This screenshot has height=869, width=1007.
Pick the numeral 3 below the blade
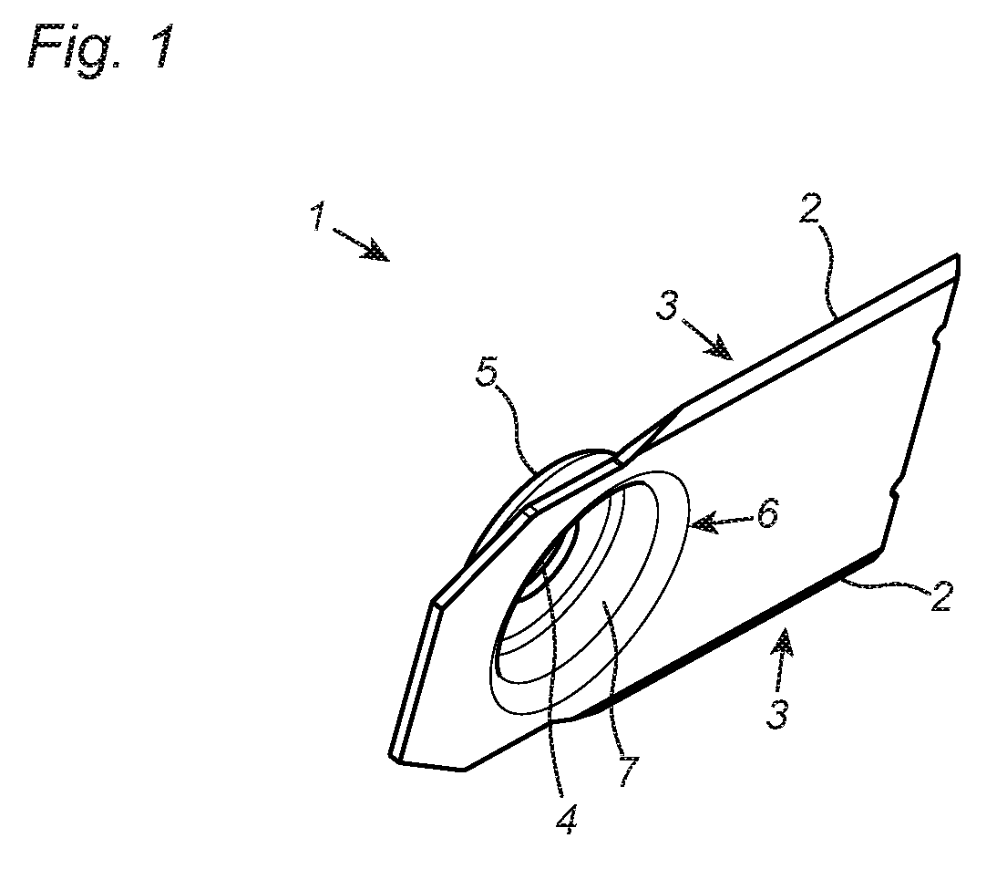(x=777, y=713)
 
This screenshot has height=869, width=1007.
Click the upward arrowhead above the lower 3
(x=784, y=643)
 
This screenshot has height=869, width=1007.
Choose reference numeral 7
(x=628, y=771)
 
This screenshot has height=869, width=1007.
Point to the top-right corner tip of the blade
(x=958, y=255)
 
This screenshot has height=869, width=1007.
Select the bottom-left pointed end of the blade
(x=392, y=757)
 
